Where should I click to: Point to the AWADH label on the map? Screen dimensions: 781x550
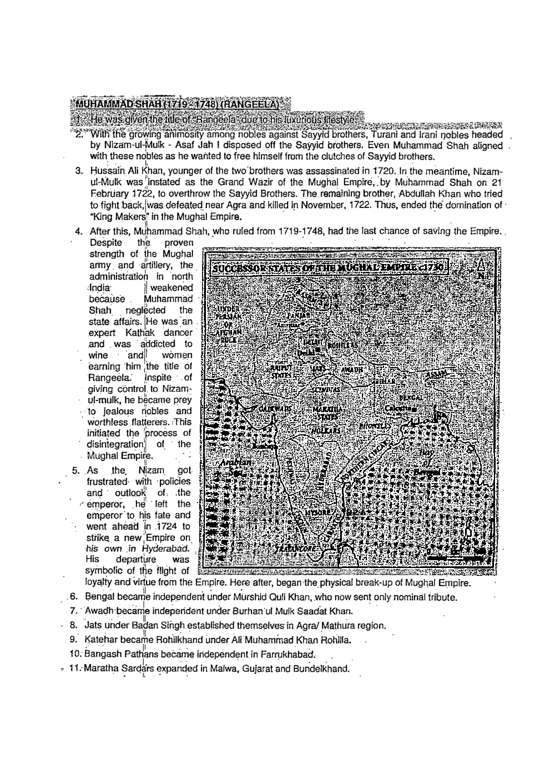click(351, 370)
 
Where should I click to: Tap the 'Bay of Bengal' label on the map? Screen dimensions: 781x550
click(425, 462)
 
